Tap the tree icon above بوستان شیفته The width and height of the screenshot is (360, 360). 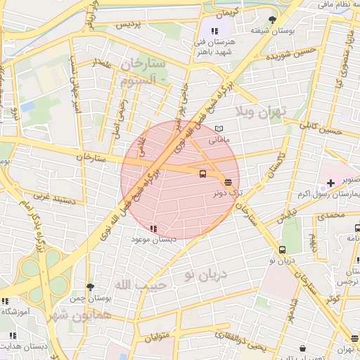[273, 20]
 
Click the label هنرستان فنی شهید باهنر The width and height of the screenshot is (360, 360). [214, 46]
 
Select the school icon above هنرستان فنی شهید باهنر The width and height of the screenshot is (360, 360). [214, 31]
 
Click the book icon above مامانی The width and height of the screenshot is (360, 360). [219, 129]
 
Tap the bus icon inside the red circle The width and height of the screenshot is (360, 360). [203, 174]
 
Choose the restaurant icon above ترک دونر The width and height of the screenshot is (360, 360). [227, 181]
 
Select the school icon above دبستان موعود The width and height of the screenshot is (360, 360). [153, 229]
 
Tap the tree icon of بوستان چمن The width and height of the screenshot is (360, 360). [90, 287]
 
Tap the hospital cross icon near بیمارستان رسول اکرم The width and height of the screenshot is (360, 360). [330, 184]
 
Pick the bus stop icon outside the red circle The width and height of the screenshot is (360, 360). [282, 250]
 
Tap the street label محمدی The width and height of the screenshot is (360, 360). [330, 215]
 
